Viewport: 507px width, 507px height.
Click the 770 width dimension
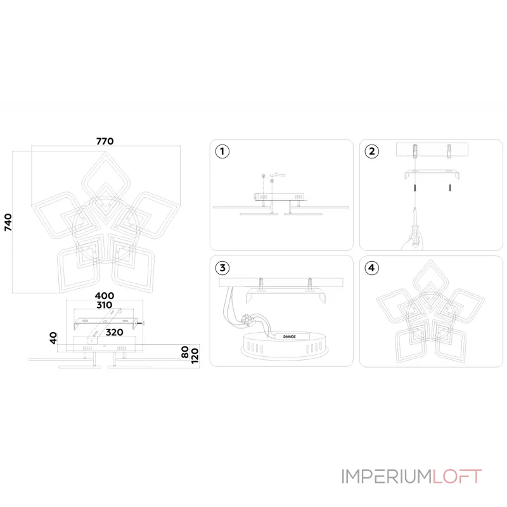[105, 141]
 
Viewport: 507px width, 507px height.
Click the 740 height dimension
[8, 222]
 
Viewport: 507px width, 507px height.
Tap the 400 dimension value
[105, 296]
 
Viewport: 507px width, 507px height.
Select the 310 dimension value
[105, 305]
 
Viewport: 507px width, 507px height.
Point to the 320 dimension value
[115, 332]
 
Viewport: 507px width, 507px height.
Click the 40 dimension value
[53, 338]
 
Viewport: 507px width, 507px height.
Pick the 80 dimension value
[185, 352]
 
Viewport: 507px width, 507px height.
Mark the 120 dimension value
[195, 356]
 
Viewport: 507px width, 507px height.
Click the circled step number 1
[222, 151]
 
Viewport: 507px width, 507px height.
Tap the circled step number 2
[372, 151]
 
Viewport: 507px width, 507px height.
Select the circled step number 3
[222, 267]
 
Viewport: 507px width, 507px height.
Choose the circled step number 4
[372, 267]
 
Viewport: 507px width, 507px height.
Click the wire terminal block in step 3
[247, 319]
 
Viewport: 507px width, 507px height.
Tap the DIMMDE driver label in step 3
[290, 337]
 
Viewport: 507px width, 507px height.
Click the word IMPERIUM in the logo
[387, 477]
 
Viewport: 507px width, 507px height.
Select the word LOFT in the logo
[457, 477]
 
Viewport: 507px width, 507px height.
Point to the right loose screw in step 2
[450, 187]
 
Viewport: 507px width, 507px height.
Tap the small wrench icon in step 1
[279, 175]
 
